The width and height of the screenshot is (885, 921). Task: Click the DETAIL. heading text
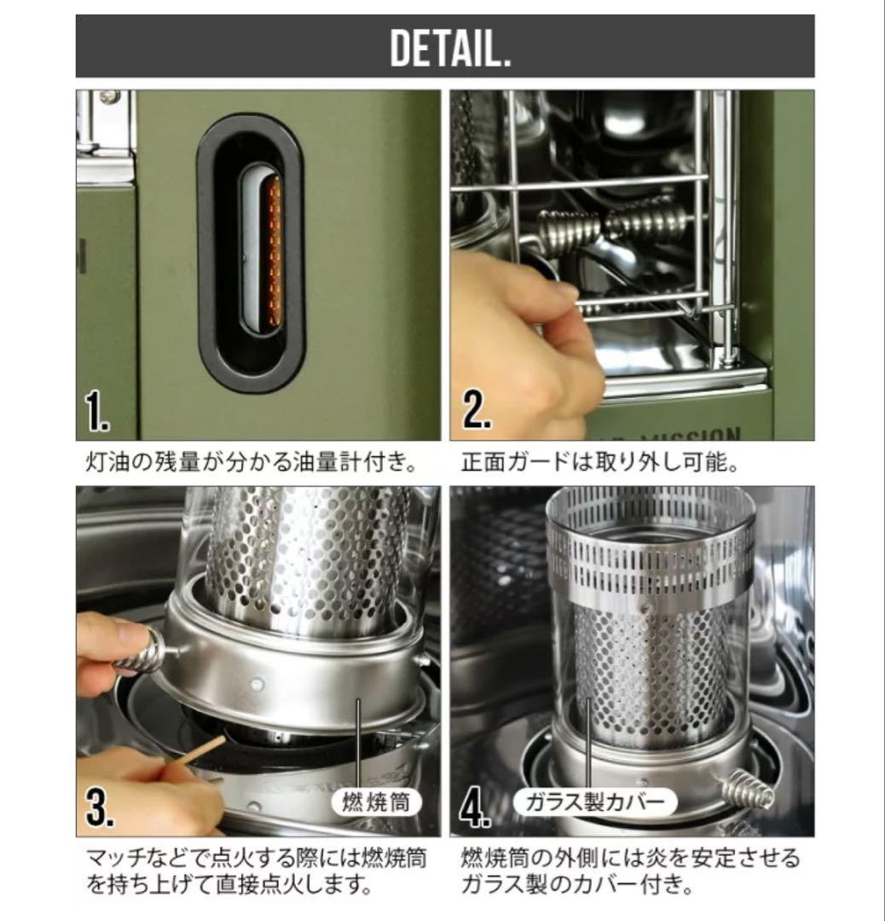point(450,48)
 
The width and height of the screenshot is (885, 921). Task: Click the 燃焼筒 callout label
point(376,802)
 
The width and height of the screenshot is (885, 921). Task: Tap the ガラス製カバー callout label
point(594,802)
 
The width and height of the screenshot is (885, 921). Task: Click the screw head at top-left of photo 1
point(110,97)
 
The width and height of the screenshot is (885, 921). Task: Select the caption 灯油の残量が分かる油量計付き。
point(252,462)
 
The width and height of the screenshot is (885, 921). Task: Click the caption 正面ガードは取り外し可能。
point(599,462)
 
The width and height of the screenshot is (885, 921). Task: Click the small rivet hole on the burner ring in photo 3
point(257,684)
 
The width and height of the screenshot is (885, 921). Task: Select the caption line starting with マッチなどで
point(257,859)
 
